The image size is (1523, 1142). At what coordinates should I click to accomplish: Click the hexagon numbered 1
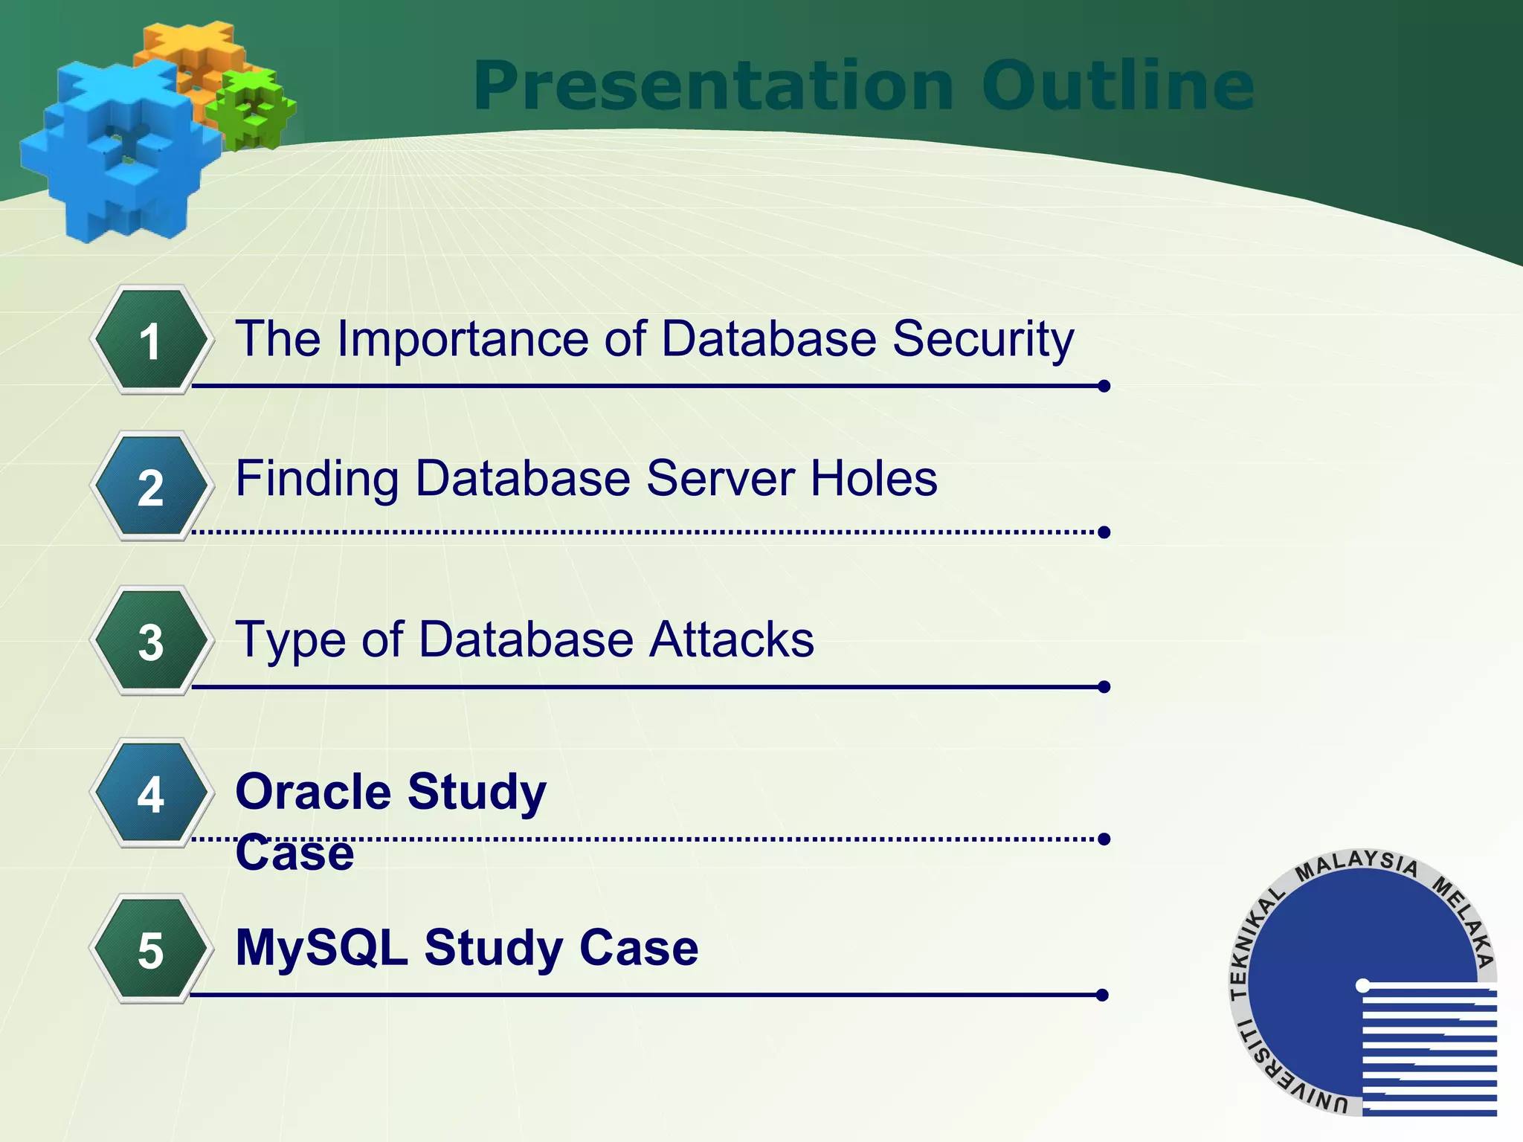(151, 341)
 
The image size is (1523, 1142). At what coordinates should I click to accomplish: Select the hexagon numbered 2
(151, 487)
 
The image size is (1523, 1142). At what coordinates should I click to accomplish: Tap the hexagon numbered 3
(151, 641)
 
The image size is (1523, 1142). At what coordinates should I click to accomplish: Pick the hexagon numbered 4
(151, 793)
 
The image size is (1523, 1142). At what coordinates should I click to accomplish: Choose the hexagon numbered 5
(151, 949)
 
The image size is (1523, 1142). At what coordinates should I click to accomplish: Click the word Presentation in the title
(713, 87)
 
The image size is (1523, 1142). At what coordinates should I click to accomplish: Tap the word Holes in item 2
(874, 478)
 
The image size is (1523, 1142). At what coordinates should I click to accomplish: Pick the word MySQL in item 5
(321, 948)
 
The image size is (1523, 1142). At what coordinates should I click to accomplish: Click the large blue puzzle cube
(119, 152)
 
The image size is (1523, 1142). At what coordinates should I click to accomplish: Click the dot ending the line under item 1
(1104, 386)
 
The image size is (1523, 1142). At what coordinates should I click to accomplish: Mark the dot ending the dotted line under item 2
(1104, 532)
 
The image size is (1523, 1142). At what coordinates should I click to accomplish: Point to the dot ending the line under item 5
(1102, 995)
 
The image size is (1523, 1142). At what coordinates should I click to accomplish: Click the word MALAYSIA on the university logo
(1357, 865)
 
